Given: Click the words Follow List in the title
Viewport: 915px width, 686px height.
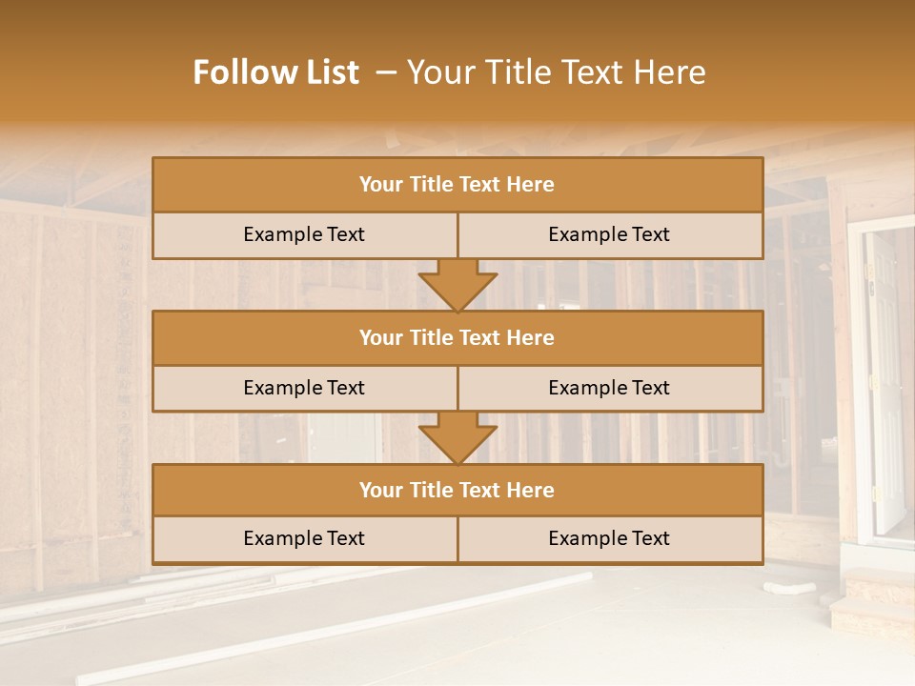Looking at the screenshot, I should (x=276, y=72).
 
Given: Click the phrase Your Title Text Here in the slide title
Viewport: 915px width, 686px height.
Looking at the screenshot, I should (x=557, y=72).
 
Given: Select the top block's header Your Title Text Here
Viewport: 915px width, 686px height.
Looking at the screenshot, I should (x=457, y=185).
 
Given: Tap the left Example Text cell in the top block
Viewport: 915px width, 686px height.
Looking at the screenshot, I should (x=304, y=234).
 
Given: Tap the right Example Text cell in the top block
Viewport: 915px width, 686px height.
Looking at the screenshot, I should (x=609, y=234).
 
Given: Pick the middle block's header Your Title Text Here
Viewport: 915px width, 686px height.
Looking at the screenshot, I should (x=457, y=337).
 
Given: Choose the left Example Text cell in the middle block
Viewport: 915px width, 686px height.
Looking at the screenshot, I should (x=304, y=388).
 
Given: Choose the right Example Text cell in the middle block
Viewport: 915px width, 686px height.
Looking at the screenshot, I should (x=609, y=388).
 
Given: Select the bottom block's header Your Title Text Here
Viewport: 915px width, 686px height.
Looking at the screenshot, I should (x=457, y=490).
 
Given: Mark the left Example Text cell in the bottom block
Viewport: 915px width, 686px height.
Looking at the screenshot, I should (x=304, y=538).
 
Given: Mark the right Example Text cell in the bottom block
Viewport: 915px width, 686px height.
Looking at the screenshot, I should (x=609, y=538).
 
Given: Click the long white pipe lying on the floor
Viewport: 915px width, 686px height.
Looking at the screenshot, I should (x=334, y=629).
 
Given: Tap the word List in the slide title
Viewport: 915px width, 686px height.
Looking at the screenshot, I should (x=330, y=72).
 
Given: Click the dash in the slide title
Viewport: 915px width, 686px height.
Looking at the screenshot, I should (x=387, y=72).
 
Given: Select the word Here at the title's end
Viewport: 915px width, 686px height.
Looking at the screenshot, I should (x=673, y=72).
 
